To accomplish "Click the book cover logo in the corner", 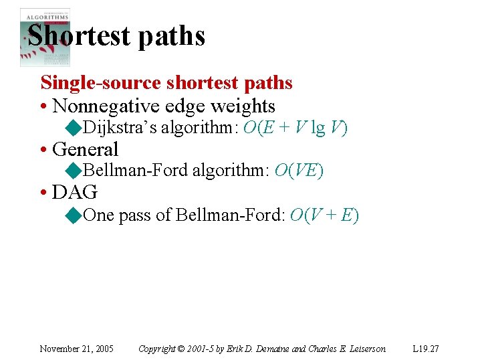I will (45, 37).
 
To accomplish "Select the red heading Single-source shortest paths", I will (166, 83).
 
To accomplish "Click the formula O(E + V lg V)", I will (295, 128).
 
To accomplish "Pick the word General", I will (85, 149).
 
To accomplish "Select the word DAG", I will (75, 193).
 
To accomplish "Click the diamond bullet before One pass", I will (74, 215).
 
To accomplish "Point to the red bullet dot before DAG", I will (44, 193).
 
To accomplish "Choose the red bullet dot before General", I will (44, 150).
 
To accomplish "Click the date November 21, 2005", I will (76, 349).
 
